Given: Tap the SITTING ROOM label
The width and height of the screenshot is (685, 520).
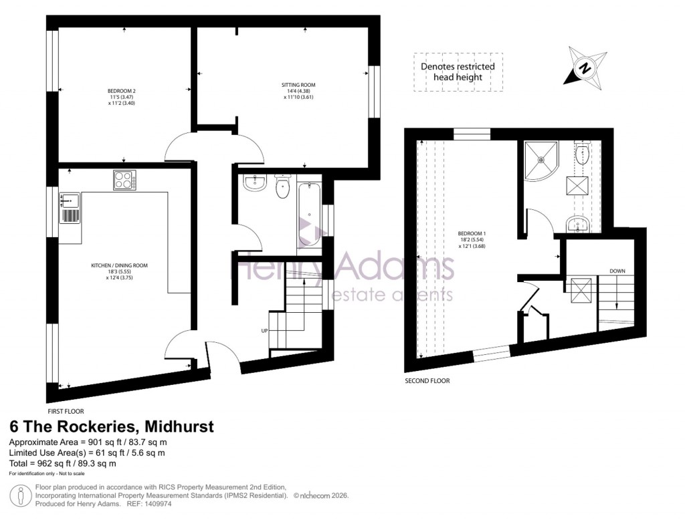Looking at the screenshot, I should (x=298, y=85).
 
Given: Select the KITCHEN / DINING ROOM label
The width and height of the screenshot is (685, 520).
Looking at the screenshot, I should (x=119, y=265).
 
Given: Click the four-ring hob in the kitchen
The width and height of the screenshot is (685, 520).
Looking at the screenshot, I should (x=124, y=180).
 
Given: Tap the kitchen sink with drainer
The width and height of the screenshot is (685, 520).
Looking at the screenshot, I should (x=70, y=208).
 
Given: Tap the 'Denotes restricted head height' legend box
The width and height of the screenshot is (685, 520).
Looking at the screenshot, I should (x=458, y=72).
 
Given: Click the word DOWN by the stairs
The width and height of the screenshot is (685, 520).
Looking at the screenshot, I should (x=617, y=271).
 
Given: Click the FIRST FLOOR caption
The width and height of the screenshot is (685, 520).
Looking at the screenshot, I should (x=66, y=412).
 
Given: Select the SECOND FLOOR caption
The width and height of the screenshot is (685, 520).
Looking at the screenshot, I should (x=427, y=381).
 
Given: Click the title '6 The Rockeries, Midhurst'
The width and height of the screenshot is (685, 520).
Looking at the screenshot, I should (x=111, y=427).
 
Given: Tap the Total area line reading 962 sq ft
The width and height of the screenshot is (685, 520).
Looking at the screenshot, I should (x=63, y=463).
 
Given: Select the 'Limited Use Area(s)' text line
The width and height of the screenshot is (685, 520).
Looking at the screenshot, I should (x=86, y=453).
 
